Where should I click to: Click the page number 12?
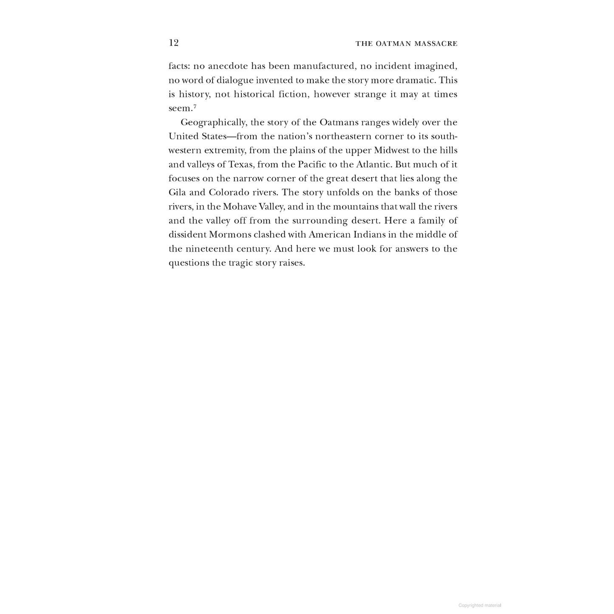[173, 43]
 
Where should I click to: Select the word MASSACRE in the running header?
[437, 44]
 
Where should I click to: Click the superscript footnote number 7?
[195, 106]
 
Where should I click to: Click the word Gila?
[177, 192]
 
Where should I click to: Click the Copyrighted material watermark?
[480, 606]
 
